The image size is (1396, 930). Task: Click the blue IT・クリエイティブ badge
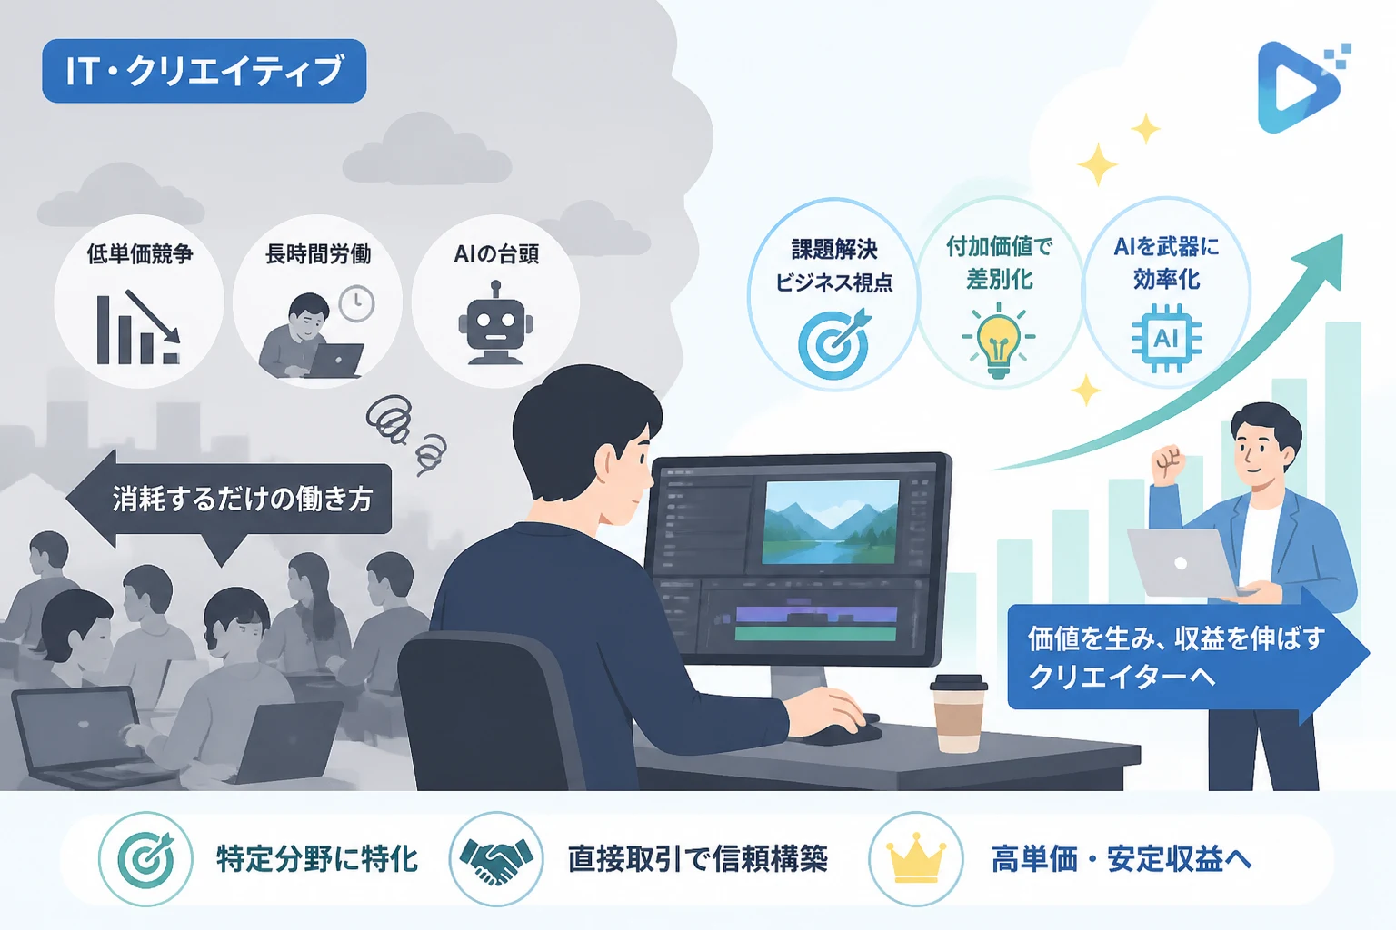(204, 71)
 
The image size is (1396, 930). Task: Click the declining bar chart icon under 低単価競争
(138, 327)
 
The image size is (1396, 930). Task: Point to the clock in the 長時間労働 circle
(356, 303)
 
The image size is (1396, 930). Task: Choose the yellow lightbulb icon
(999, 340)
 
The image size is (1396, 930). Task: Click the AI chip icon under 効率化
(1166, 338)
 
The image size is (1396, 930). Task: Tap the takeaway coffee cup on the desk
(958, 714)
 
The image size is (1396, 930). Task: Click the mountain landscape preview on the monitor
(831, 522)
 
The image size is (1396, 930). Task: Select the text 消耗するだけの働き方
(243, 499)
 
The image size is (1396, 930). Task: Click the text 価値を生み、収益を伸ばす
(1176, 638)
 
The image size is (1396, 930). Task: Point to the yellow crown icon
(916, 858)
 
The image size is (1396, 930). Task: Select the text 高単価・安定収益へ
(1122, 859)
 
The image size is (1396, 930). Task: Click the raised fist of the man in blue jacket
(1168, 463)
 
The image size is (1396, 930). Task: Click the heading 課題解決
(834, 250)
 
